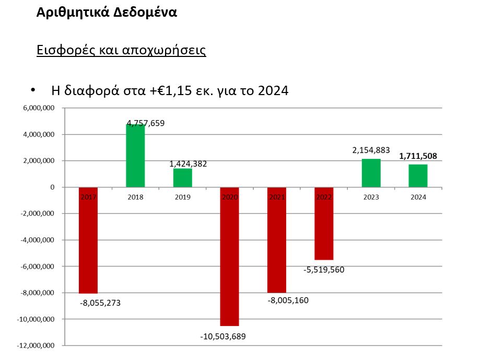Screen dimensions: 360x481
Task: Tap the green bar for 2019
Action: click(x=182, y=178)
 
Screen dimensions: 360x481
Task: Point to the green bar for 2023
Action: click(x=371, y=173)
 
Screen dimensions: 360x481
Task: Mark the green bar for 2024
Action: click(x=418, y=176)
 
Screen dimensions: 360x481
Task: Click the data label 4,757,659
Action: click(x=145, y=124)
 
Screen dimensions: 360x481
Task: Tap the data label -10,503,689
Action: click(x=223, y=336)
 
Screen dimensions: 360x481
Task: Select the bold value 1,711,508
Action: click(x=418, y=156)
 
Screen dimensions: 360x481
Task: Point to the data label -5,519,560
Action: click(x=324, y=270)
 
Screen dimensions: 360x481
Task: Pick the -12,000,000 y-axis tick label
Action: click(x=37, y=345)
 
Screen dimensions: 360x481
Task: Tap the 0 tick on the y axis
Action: click(x=53, y=187)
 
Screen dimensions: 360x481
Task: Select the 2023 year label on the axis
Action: click(x=371, y=197)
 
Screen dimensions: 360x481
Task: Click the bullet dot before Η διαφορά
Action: click(x=33, y=90)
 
